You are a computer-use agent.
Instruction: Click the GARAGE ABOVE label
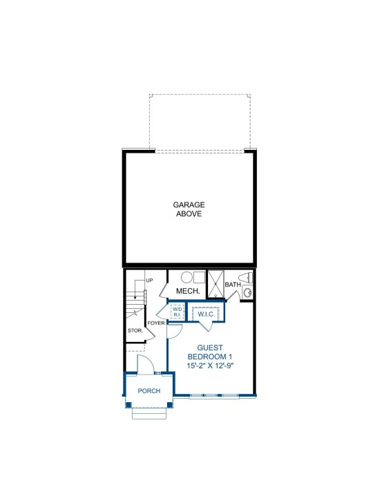(189, 209)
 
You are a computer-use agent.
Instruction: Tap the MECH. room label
(188, 291)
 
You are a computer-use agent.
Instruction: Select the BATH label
(233, 285)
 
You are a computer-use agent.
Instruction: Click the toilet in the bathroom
(246, 278)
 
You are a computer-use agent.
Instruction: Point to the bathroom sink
(247, 292)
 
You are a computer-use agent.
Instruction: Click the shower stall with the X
(216, 284)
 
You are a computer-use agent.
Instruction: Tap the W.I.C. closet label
(206, 314)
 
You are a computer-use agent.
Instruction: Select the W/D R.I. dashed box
(177, 312)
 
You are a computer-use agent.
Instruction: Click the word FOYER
(156, 323)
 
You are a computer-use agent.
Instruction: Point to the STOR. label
(135, 331)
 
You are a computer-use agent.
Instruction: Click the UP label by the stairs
(149, 281)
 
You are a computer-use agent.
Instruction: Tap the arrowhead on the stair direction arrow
(135, 298)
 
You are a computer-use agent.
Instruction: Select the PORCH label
(149, 391)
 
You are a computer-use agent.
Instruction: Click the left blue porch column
(128, 405)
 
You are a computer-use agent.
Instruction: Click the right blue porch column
(170, 405)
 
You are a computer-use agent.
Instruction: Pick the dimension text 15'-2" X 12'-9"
(211, 366)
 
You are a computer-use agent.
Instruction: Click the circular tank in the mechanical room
(186, 277)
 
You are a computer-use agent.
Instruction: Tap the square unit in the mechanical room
(199, 277)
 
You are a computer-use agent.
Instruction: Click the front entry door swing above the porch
(145, 364)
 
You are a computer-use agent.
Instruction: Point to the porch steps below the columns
(149, 413)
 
